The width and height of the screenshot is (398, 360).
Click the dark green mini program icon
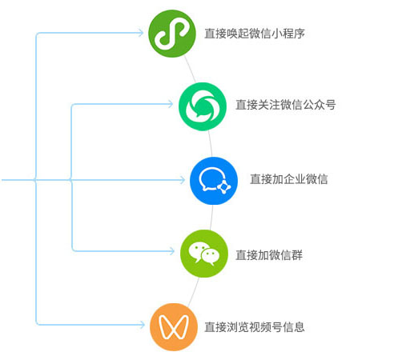point(172,34)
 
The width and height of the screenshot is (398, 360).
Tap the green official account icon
point(203,106)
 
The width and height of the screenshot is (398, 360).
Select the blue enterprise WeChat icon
point(214,181)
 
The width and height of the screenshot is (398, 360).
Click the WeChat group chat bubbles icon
point(204,254)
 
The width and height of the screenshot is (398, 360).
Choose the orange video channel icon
point(174,327)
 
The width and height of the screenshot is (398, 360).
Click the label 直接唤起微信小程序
point(255,34)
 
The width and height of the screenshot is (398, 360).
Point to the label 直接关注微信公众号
point(286,105)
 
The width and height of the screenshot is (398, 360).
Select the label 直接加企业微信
point(289,179)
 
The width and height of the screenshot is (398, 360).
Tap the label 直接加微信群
point(269,255)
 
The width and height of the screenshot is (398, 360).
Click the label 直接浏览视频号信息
point(255,327)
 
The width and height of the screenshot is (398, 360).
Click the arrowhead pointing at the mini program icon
point(141,33)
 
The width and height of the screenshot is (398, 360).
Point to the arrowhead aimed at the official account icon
point(171,104)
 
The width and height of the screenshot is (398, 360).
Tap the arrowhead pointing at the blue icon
point(183,180)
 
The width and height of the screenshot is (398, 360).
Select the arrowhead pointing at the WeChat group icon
point(172,251)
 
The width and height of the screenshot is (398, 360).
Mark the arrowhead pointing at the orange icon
point(143,325)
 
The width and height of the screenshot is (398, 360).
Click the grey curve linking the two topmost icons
point(190,70)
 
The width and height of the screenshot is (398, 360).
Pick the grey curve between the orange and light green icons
point(193,291)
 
